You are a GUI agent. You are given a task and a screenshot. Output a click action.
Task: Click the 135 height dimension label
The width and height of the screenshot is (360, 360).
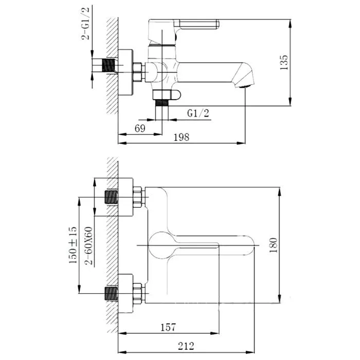[x=284, y=62]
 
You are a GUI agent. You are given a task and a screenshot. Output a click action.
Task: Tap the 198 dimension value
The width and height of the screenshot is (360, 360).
[x=182, y=137]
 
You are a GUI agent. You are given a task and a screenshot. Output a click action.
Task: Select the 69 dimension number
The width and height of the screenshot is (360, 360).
[x=140, y=129]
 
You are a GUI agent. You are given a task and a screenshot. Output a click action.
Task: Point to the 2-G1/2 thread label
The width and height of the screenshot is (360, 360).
[x=85, y=23]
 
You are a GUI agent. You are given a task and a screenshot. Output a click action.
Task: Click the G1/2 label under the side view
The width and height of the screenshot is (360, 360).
[x=198, y=113]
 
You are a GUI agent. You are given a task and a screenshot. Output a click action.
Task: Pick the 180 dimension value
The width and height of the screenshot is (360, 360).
[x=273, y=245]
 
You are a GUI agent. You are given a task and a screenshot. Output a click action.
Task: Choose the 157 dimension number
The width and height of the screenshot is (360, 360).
[x=168, y=328]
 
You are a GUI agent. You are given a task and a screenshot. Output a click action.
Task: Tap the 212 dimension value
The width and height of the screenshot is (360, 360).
[x=186, y=346]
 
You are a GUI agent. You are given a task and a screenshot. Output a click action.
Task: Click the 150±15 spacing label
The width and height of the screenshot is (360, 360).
[x=73, y=245]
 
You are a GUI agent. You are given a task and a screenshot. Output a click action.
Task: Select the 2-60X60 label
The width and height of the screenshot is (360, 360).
[x=88, y=246]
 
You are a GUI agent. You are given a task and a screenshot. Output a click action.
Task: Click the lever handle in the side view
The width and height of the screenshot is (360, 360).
[x=196, y=24]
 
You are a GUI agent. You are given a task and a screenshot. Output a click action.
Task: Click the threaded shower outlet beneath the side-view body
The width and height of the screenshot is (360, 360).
[x=162, y=103]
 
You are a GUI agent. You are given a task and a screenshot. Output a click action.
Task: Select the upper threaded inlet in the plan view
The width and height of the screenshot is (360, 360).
[x=112, y=197]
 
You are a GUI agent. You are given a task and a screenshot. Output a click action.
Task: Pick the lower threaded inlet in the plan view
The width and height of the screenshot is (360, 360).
[x=112, y=294]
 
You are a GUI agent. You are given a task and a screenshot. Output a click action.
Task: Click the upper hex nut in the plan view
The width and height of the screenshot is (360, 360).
[x=137, y=197]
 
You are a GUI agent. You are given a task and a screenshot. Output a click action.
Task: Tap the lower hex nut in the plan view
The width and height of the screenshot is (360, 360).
[x=137, y=294]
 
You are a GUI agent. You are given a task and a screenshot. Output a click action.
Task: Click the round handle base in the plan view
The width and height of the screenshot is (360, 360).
[x=161, y=245]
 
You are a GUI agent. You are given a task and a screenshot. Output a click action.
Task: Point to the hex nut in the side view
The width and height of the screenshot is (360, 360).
[x=137, y=72]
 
